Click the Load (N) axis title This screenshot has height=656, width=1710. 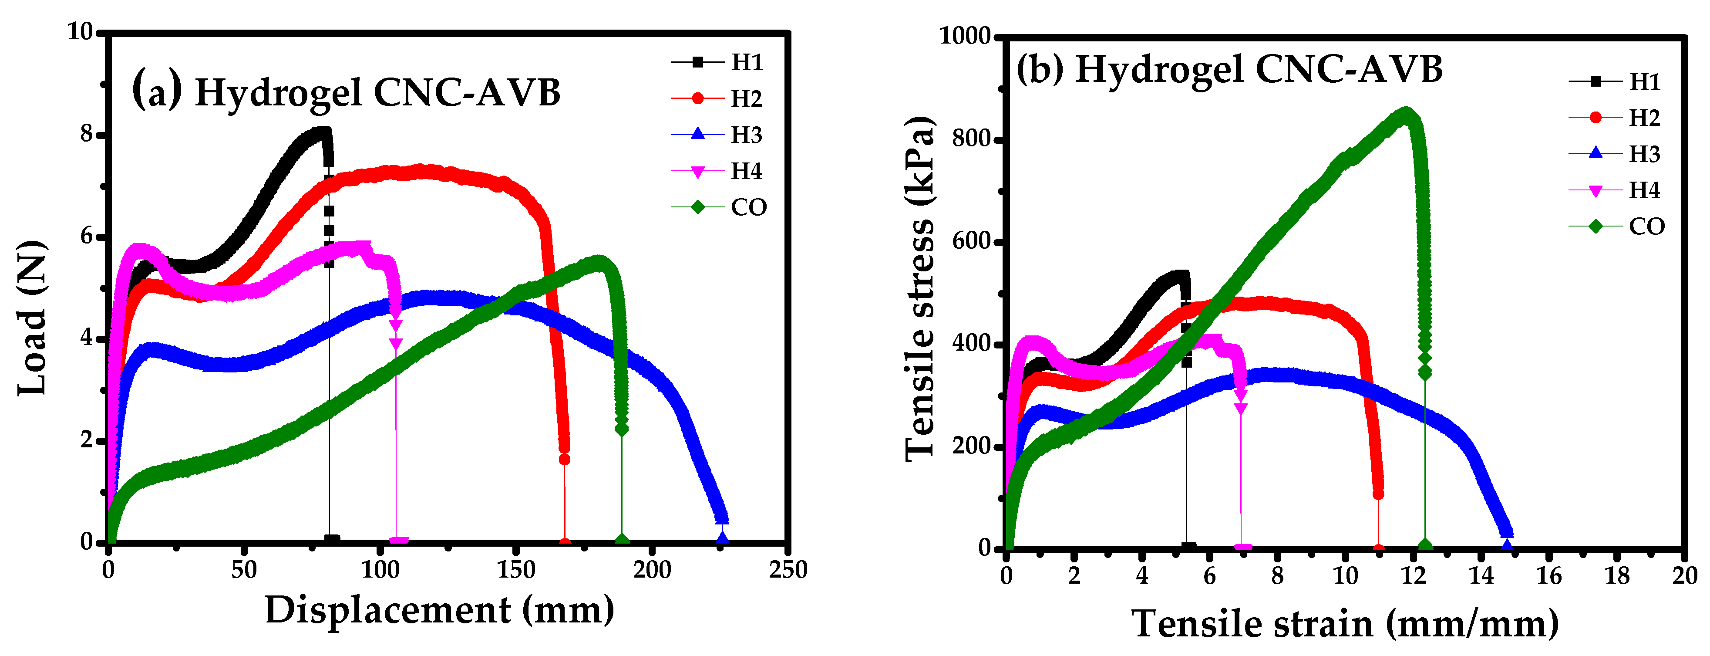[x=32, y=319]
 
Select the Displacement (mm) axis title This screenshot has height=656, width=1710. [x=439, y=609]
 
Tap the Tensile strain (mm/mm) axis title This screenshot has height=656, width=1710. [x=1345, y=624]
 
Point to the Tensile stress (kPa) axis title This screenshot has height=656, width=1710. [x=920, y=289]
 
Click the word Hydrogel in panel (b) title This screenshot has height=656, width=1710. [x=1159, y=69]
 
